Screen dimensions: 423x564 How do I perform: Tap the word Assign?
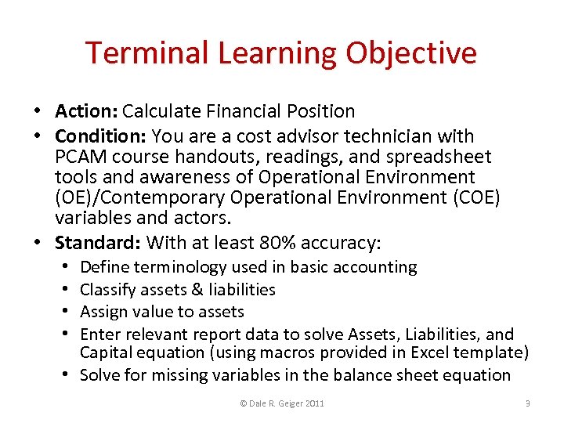103,312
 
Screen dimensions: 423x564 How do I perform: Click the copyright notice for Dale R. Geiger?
282,403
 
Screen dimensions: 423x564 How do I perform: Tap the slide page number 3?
528,403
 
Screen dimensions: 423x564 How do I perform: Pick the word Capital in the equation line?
106,352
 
